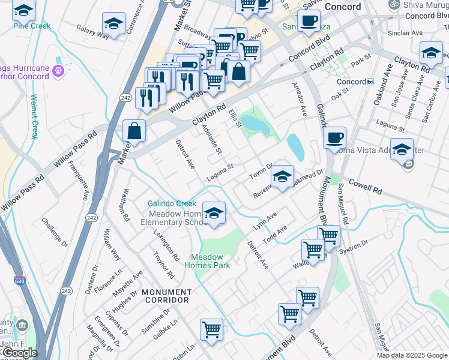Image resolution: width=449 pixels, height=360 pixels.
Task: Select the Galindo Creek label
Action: tap(172, 204)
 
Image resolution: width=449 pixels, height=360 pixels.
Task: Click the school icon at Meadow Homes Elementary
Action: tap(213, 214)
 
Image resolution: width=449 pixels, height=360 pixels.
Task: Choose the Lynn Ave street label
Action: tap(265, 220)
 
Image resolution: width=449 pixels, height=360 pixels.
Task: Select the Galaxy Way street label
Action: tap(92, 32)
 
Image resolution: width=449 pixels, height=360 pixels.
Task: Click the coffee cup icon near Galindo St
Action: tap(334, 138)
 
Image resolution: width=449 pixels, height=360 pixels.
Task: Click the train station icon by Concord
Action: tap(370, 81)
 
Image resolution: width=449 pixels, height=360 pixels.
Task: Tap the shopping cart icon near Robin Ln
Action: tap(211, 329)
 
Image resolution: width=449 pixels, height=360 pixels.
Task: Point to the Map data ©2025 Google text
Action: tap(411, 355)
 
